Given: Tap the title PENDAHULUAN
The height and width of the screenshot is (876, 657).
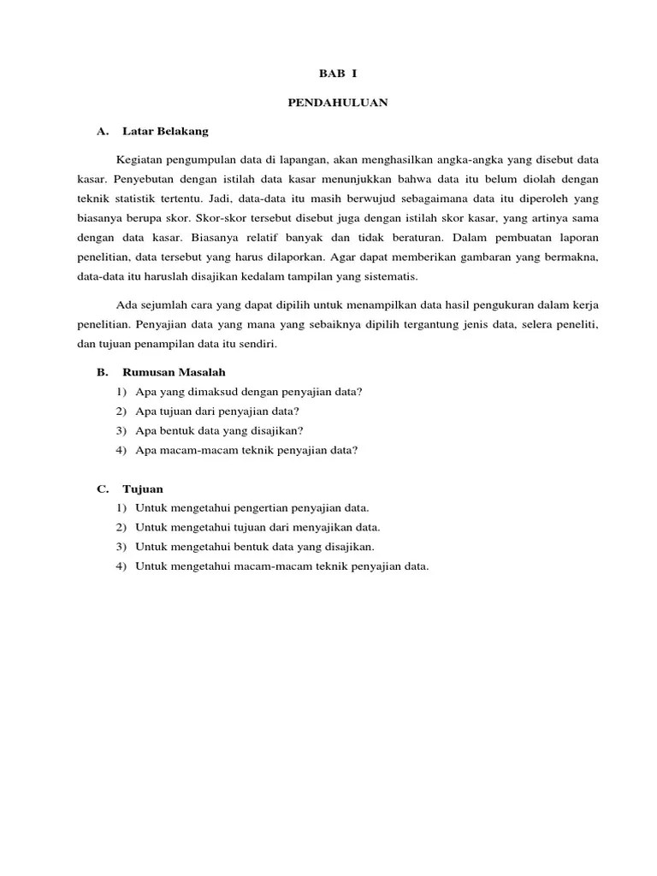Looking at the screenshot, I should [337, 103].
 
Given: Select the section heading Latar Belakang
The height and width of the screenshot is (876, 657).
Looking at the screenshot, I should [165, 132].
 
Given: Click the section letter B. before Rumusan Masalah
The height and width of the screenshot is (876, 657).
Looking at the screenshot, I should [102, 372].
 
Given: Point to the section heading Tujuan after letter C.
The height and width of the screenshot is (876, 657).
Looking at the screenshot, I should [143, 488].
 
